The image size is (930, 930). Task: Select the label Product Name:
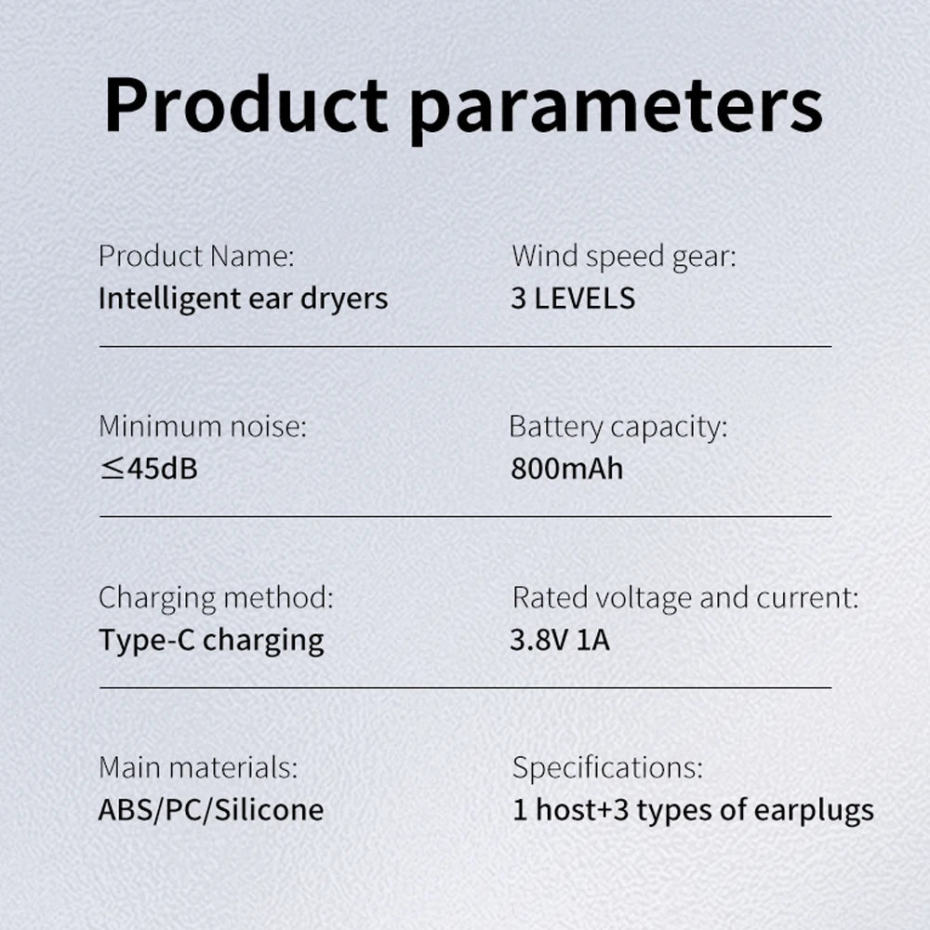tap(196, 257)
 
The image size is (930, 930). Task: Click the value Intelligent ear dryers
tap(243, 299)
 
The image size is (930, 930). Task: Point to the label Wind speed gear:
tap(624, 258)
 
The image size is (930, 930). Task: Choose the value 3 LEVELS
tap(573, 299)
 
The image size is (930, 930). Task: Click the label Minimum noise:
tap(203, 427)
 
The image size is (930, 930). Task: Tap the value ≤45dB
tap(148, 469)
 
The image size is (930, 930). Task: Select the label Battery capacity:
tap(618, 428)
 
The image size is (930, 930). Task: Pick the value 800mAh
tap(567, 469)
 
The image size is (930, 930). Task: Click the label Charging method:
tap(216, 598)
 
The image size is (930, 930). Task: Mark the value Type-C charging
tap(211, 641)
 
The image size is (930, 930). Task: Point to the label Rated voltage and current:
tap(685, 598)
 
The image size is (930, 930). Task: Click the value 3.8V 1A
tap(560, 640)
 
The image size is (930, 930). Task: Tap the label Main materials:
tap(198, 767)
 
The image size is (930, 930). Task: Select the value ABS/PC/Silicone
tap(211, 810)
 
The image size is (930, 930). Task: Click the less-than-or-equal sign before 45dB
tap(112, 469)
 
